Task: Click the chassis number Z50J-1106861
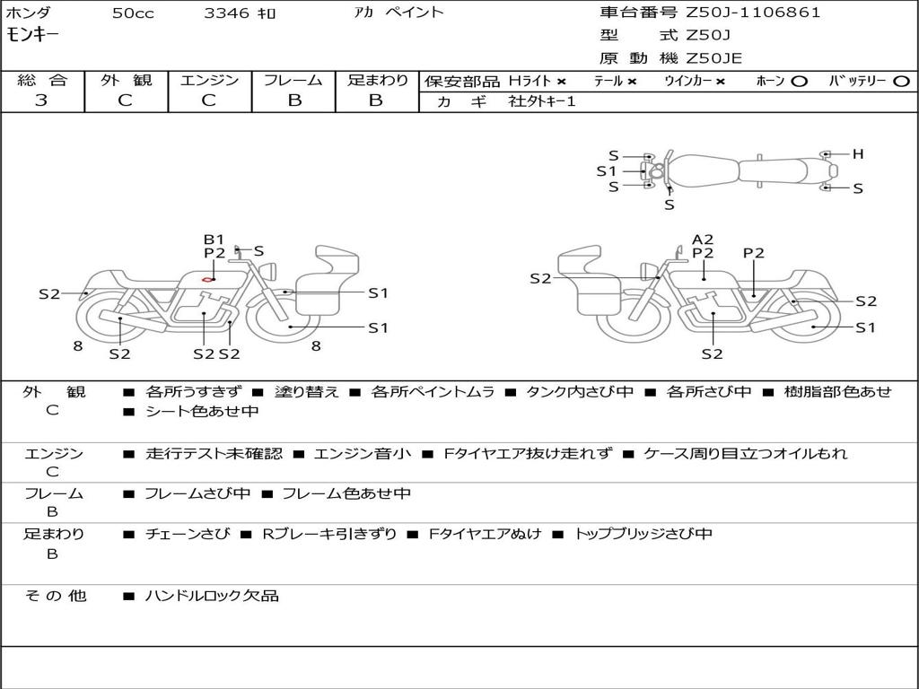[x=753, y=13]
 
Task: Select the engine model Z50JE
[x=714, y=58]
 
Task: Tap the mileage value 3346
[x=226, y=13]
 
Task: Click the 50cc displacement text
[x=131, y=13]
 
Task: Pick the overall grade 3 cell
[x=42, y=100]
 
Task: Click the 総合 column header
[x=42, y=80]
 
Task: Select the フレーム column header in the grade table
[x=293, y=80]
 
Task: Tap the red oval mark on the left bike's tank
[x=207, y=280]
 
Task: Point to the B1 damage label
[x=214, y=240]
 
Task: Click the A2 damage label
[x=703, y=240]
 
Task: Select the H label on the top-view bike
[x=858, y=154]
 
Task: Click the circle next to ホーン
[x=799, y=82]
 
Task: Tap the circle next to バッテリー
[x=902, y=82]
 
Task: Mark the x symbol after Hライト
[x=561, y=82]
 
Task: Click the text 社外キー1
[x=542, y=101]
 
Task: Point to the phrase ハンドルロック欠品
[x=212, y=595]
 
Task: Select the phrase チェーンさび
[x=188, y=534]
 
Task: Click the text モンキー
[x=33, y=35]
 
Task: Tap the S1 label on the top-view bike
[x=607, y=170]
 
